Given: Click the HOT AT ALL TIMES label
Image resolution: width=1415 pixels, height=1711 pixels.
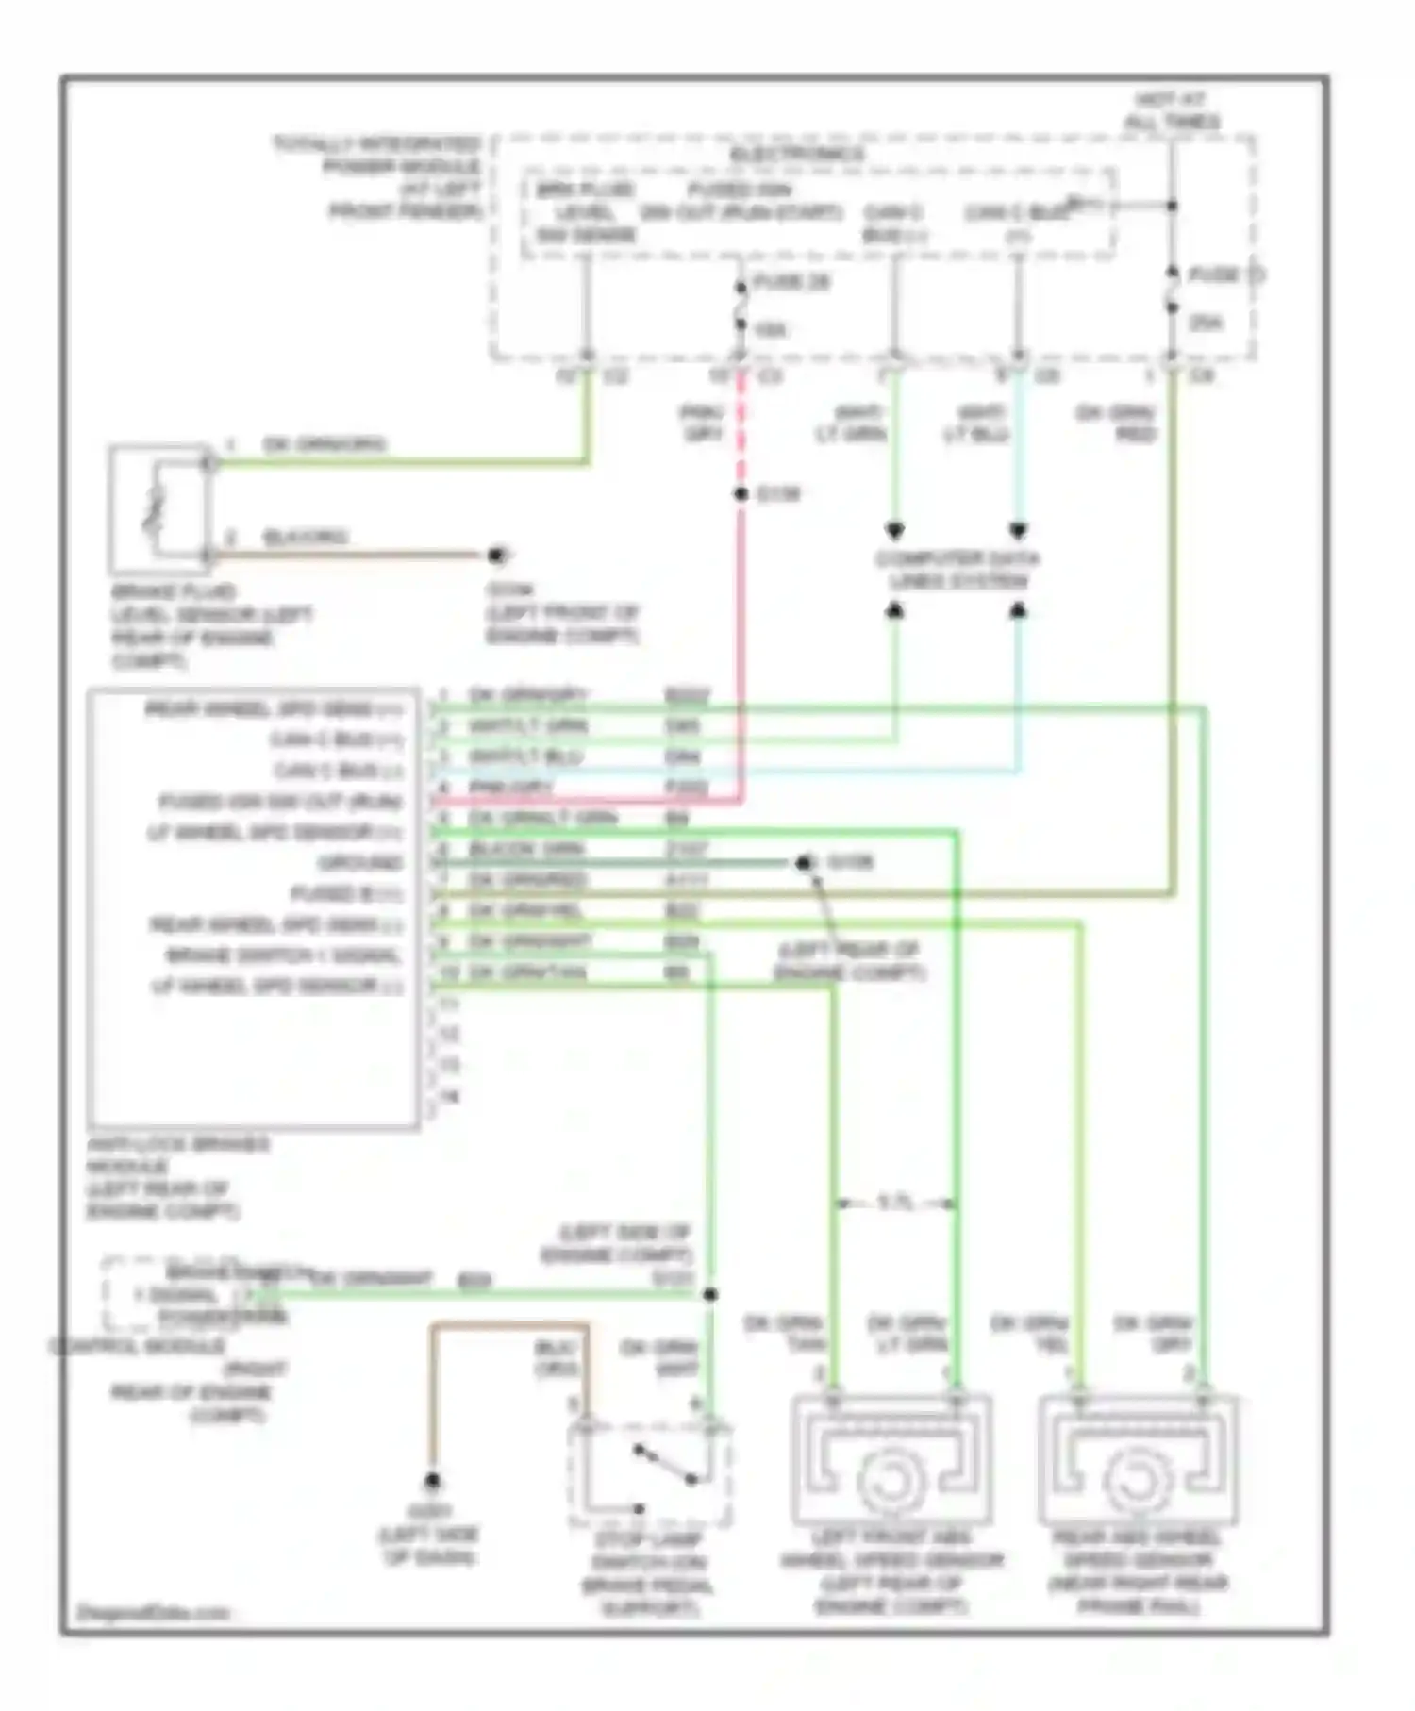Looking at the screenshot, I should point(1171,110).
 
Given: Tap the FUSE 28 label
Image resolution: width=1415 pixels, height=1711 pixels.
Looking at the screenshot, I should point(792,282).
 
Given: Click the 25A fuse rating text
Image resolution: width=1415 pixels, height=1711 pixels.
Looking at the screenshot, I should point(1207,324).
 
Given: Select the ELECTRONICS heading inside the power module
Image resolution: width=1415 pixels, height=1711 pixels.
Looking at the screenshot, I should point(797,154).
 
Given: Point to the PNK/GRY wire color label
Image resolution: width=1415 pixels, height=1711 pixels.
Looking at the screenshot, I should point(702,424).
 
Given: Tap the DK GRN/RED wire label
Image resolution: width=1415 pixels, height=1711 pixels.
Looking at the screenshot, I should point(1117,424).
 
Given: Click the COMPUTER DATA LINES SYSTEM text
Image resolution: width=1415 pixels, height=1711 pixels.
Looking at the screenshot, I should point(957,570).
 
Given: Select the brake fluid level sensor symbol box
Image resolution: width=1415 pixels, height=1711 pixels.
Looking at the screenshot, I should point(159,509).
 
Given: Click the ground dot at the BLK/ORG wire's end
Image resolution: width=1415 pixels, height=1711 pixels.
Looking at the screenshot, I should point(497,556).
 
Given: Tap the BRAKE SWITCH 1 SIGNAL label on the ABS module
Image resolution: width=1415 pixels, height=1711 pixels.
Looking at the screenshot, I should point(283,955).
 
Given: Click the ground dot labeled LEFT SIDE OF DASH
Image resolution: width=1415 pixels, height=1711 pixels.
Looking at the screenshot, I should point(432,1480).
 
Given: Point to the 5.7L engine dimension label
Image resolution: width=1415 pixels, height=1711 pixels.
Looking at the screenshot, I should point(895,1203).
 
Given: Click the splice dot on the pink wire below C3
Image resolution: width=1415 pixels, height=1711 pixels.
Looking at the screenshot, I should point(741,494).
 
